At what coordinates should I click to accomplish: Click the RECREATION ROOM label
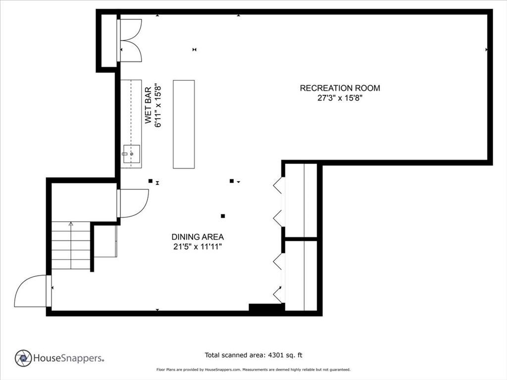(x=340, y=88)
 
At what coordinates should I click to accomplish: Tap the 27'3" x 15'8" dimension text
(x=340, y=98)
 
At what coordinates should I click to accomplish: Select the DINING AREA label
(x=198, y=237)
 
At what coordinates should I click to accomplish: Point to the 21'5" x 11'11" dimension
(x=198, y=247)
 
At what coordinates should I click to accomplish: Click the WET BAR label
(x=148, y=105)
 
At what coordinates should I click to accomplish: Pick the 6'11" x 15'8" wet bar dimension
(x=158, y=106)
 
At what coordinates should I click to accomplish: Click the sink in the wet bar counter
(x=131, y=154)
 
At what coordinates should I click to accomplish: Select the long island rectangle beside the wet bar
(x=184, y=124)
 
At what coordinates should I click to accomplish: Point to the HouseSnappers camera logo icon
(x=23, y=358)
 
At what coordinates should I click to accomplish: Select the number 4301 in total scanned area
(x=275, y=355)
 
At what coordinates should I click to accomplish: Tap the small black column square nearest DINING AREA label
(x=223, y=216)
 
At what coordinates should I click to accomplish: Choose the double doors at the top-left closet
(x=131, y=40)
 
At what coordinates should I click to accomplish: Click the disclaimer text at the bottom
(x=253, y=369)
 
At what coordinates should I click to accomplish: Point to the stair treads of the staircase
(x=71, y=245)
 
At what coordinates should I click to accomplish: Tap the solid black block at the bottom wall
(x=266, y=307)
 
